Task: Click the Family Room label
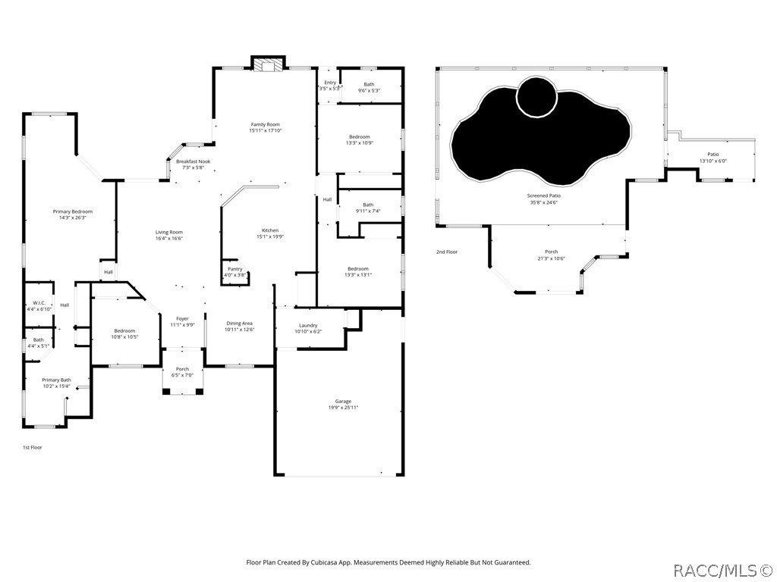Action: pos(265,124)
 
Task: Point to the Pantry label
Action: pos(235,269)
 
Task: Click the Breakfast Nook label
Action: pos(193,161)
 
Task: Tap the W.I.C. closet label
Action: pos(39,302)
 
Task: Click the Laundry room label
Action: pos(307,325)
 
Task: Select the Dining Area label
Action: pos(239,324)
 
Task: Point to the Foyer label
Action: pos(182,318)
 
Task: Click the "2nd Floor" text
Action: pos(446,252)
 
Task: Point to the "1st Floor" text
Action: pos(32,447)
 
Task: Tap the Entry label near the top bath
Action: pos(329,83)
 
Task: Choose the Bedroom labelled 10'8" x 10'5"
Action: pos(124,330)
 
